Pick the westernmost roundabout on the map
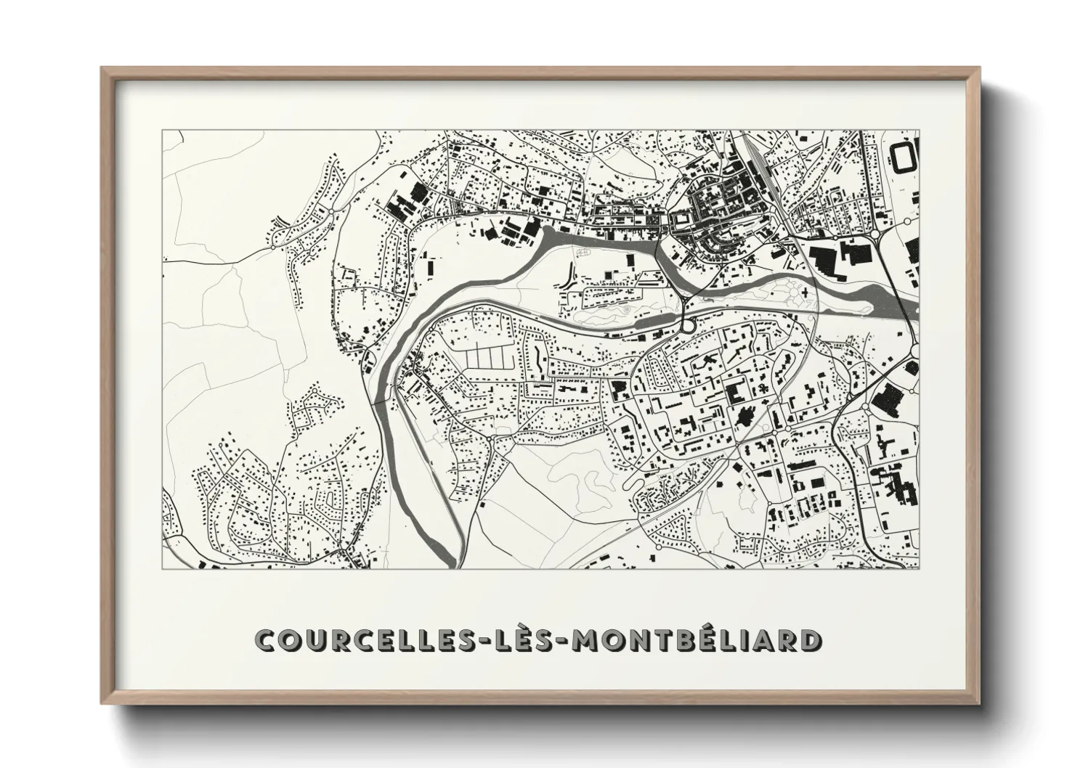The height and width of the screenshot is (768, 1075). tap(272, 248)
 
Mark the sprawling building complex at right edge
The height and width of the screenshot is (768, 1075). tap(892, 483)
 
